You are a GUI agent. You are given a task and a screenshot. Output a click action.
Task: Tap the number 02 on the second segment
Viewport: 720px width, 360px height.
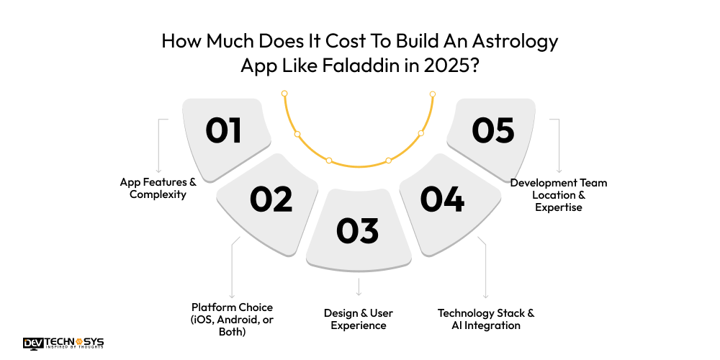tap(271, 199)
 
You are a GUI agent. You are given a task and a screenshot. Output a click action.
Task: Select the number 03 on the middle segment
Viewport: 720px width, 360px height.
tap(357, 230)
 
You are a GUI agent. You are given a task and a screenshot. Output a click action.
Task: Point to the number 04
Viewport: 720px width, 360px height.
tap(442, 199)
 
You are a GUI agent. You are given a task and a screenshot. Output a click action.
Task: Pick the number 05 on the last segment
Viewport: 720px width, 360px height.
tap(493, 131)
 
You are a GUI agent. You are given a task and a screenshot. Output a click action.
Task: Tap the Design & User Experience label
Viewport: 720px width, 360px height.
tap(358, 319)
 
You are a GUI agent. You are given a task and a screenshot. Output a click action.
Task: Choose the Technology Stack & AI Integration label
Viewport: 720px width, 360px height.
tap(486, 319)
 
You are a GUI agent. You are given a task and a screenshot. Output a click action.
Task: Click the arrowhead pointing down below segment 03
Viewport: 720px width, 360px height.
tap(358, 294)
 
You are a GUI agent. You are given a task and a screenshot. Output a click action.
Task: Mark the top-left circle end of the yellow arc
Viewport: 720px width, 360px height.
tap(284, 94)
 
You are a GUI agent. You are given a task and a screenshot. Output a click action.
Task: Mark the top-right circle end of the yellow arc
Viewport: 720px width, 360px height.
tap(433, 94)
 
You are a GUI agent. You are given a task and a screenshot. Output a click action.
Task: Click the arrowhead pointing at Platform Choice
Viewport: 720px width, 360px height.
tap(232, 295)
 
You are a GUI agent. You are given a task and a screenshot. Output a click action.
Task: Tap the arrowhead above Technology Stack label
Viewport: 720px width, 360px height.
tap(487, 295)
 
